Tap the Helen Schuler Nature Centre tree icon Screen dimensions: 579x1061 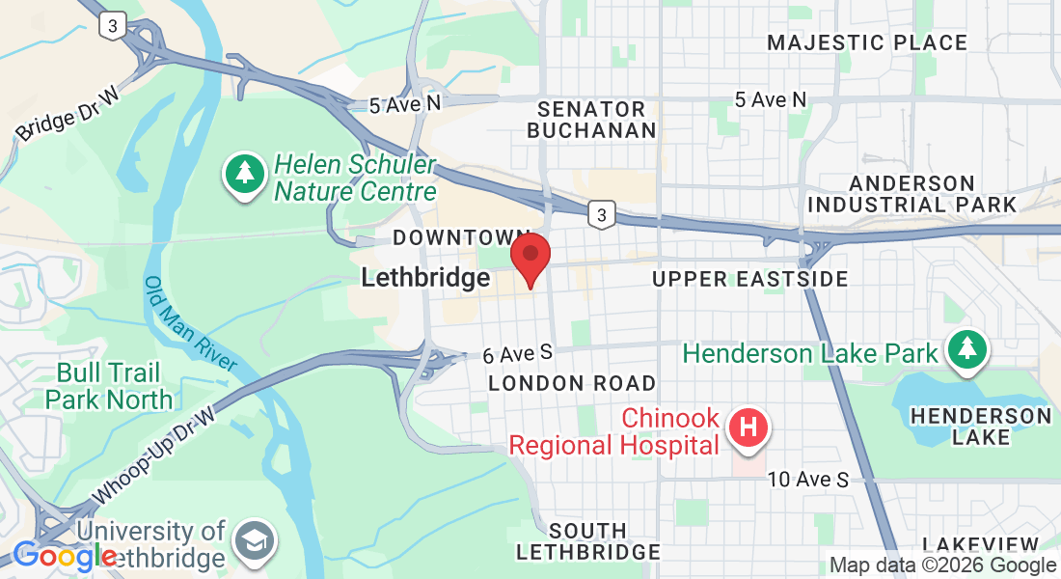pyautogui.click(x=246, y=175)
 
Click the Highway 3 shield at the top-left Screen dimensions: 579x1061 pyautogui.click(x=113, y=28)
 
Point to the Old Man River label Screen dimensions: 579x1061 pyautogui.click(x=191, y=324)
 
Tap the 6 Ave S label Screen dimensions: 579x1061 pyautogui.click(x=517, y=355)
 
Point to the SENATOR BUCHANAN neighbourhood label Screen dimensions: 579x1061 pyautogui.click(x=591, y=119)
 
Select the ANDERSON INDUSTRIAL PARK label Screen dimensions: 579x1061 pyautogui.click(x=911, y=194)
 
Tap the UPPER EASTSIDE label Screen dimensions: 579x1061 pyautogui.click(x=749, y=279)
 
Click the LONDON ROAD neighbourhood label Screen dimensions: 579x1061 pyautogui.click(x=571, y=383)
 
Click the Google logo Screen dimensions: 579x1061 pyautogui.click(x=64, y=557)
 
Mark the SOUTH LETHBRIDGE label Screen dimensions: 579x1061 pyautogui.click(x=587, y=541)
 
